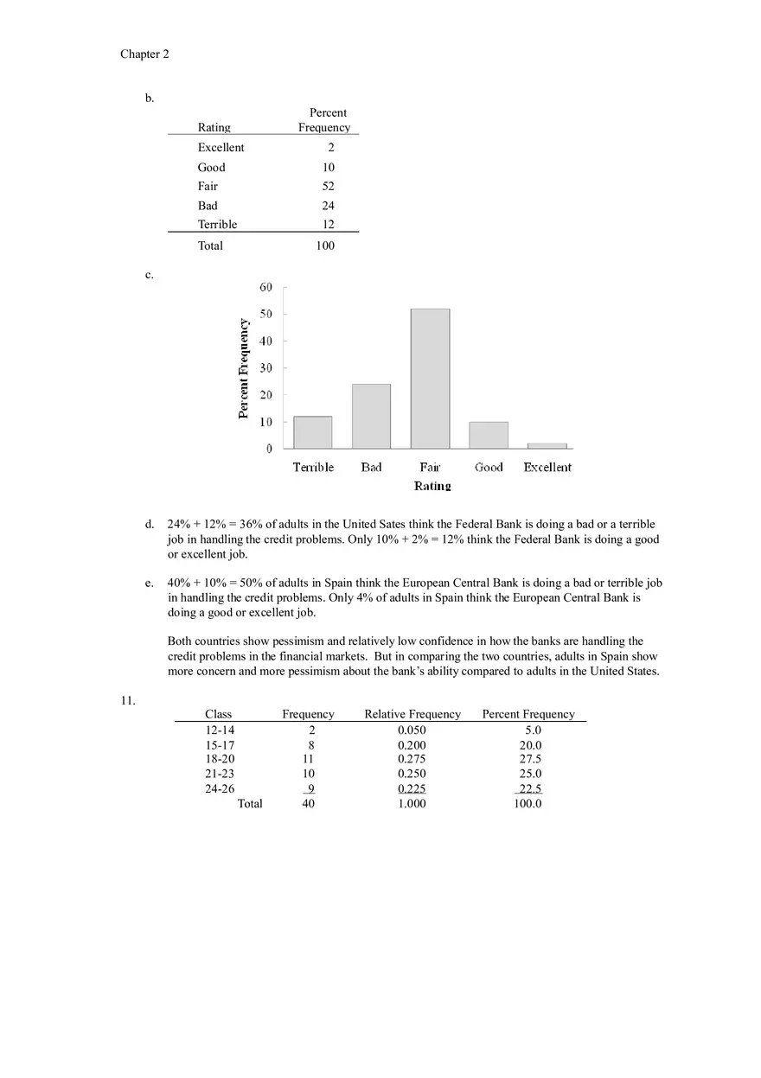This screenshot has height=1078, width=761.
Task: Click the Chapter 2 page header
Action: tap(144, 54)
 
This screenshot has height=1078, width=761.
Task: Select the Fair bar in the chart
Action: tap(430, 378)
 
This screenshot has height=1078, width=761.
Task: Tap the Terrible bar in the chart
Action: tap(312, 432)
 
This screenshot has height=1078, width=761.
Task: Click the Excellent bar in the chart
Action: tap(547, 445)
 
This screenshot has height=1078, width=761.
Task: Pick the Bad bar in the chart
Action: tap(371, 416)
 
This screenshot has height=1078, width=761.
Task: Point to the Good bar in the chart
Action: tap(489, 435)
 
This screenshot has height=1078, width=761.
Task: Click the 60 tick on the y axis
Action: tap(265, 287)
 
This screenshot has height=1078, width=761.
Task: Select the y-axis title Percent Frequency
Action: tap(244, 369)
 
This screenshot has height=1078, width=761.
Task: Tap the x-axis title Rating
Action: tap(432, 486)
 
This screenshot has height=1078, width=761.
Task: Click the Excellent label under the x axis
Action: tap(547, 468)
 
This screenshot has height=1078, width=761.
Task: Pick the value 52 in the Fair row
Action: tap(328, 187)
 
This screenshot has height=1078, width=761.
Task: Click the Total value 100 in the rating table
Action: tap(325, 246)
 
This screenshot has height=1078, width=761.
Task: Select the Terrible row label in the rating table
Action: tap(217, 225)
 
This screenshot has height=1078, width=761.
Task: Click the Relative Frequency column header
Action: tap(412, 714)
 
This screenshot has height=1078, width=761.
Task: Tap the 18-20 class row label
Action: tap(220, 759)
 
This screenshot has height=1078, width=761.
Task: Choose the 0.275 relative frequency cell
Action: tap(412, 759)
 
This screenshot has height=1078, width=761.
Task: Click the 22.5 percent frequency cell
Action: tap(529, 788)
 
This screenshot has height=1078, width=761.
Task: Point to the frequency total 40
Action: tap(309, 804)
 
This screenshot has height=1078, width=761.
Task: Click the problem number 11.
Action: tap(128, 700)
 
